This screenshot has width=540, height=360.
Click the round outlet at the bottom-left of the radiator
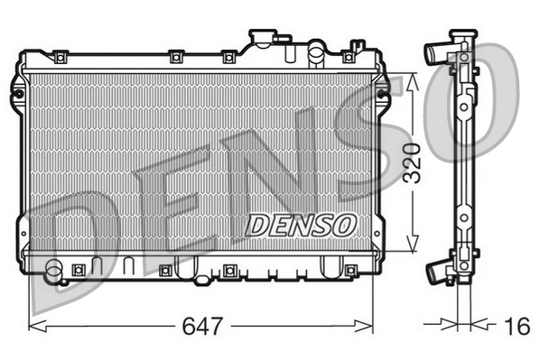click(x=53, y=268)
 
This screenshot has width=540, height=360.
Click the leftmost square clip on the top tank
click(x=61, y=58)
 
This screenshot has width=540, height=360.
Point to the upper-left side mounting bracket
click(x=17, y=90)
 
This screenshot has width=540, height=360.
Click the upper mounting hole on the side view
click(x=463, y=106)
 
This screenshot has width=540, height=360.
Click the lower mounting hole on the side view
click(x=463, y=217)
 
